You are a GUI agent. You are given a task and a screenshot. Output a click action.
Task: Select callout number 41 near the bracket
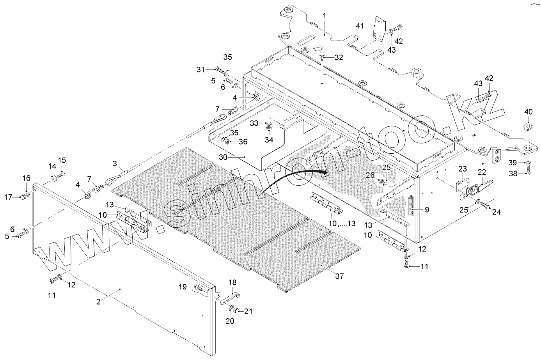(x=359, y=26)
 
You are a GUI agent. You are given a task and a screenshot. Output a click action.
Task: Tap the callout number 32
(x=339, y=58)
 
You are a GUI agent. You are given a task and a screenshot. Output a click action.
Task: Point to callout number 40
(x=528, y=112)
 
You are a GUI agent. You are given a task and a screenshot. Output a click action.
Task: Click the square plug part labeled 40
(x=528, y=126)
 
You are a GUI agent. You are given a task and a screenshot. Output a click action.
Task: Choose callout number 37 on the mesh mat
(x=339, y=276)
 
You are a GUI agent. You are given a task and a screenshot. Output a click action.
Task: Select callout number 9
(x=427, y=210)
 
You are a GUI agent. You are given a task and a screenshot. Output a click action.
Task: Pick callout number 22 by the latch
(x=482, y=172)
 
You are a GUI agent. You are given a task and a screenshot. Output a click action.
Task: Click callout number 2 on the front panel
(x=99, y=301)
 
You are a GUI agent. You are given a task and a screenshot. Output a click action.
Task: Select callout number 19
(x=183, y=287)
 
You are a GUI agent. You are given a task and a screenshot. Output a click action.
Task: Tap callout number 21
(x=248, y=311)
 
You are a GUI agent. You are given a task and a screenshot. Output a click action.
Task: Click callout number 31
(x=200, y=70)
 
